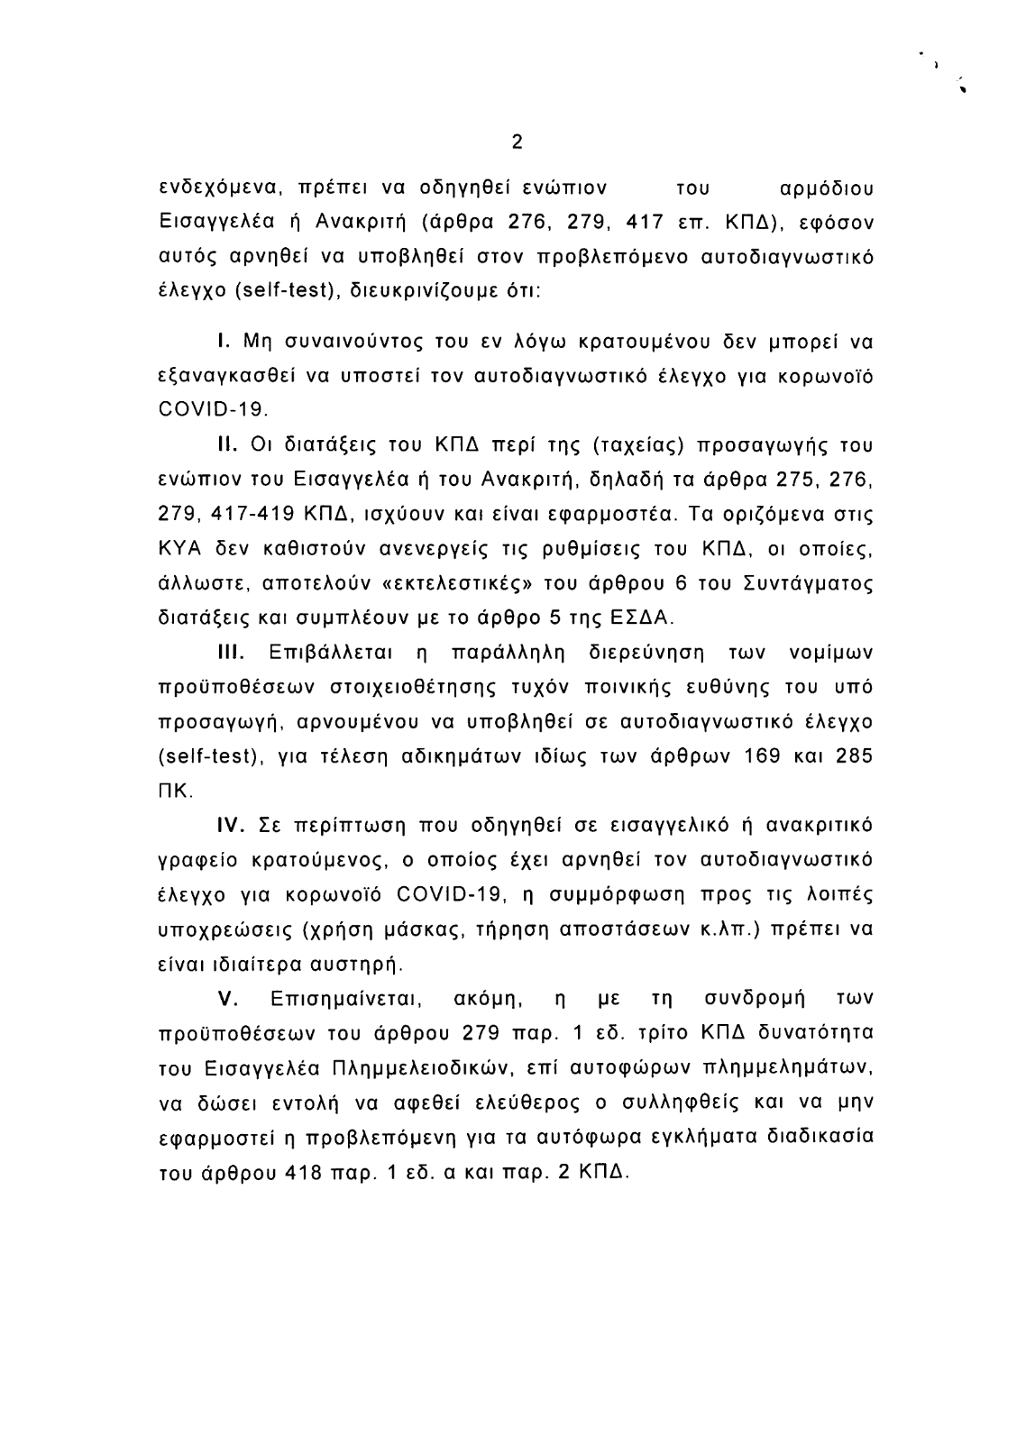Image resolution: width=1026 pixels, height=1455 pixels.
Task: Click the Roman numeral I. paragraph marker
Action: pos(220,343)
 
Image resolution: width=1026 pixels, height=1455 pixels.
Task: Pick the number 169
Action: pos(765,755)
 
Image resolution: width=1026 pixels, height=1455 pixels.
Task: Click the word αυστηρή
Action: pos(355,964)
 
